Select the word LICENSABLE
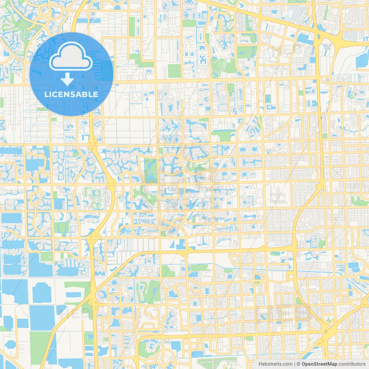[x=71, y=94]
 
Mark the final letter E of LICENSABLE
[x=95, y=94]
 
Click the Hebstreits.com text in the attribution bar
[x=275, y=364]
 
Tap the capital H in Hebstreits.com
[x=260, y=364]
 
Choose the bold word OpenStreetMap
[x=319, y=364]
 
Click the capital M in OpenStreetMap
[x=330, y=364]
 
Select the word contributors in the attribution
[x=352, y=364]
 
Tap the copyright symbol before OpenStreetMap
[x=298, y=364]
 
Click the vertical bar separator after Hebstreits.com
[x=295, y=364]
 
